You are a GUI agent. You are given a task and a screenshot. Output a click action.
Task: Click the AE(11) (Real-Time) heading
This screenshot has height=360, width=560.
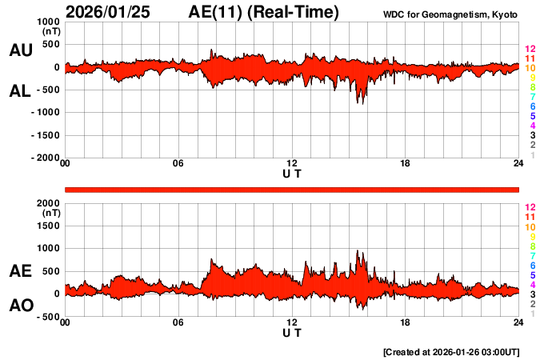point(263,12)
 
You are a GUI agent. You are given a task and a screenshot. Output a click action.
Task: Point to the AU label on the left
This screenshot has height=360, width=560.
point(20,50)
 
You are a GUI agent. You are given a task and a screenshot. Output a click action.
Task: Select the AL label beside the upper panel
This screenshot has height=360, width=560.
point(20,91)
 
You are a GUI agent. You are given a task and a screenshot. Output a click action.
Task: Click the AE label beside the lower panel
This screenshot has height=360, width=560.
point(20,272)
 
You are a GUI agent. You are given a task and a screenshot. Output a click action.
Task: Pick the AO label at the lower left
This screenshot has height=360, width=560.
point(20,306)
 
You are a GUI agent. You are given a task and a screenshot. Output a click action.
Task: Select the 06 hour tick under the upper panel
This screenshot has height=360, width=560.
point(178,164)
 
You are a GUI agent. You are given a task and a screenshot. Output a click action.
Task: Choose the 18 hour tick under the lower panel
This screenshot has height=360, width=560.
point(406,322)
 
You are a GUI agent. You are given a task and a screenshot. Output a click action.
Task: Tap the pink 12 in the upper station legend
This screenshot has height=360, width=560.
point(530,50)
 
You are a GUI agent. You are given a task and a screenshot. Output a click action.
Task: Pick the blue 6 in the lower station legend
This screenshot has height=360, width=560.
point(532,265)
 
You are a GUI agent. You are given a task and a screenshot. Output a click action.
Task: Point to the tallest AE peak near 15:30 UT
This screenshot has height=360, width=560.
point(358,251)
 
